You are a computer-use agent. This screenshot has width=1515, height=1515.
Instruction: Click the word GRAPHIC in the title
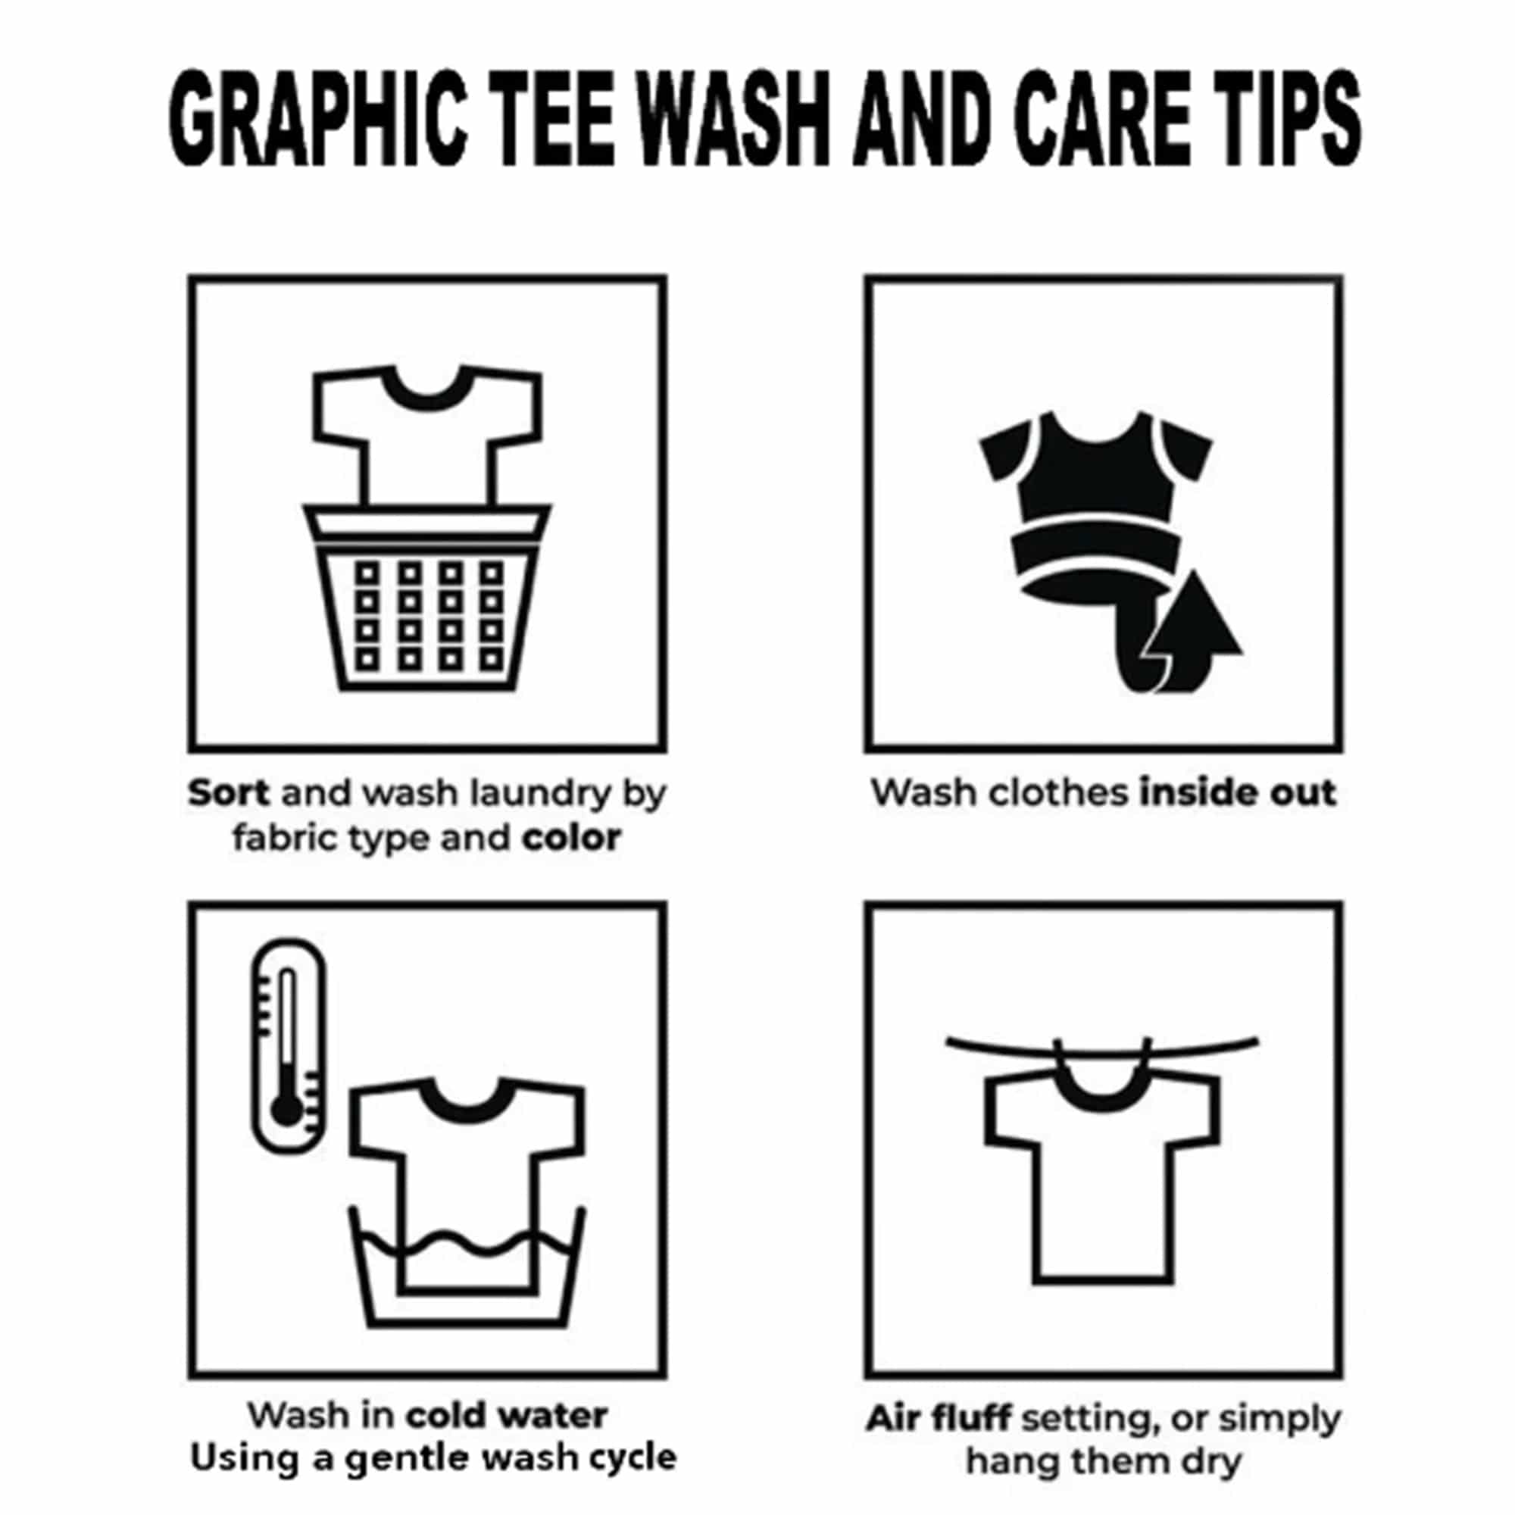318,118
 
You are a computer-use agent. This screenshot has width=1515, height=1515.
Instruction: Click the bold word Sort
228,793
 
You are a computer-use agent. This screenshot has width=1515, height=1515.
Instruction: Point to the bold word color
572,839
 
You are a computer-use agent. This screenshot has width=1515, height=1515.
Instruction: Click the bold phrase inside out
1238,793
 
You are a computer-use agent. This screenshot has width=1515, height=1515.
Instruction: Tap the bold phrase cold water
507,1417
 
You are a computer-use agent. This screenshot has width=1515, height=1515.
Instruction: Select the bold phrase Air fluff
938,1419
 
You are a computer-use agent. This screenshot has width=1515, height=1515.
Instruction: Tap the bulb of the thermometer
286,1110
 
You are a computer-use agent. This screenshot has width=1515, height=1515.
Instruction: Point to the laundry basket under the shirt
427,608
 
